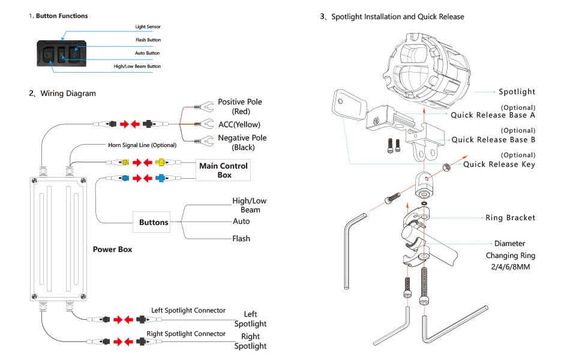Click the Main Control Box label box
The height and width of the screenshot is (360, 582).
(x=223, y=170)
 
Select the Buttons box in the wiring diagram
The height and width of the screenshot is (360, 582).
(x=151, y=223)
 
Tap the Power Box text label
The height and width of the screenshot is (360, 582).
(x=112, y=250)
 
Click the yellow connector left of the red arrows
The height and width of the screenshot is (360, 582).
(x=125, y=162)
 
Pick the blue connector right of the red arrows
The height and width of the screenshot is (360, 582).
(x=160, y=178)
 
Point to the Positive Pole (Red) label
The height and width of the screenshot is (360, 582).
(x=240, y=107)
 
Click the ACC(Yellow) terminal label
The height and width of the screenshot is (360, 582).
(x=239, y=125)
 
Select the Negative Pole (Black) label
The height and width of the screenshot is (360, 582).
(x=242, y=143)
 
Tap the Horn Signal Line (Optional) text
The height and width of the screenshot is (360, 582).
(x=142, y=145)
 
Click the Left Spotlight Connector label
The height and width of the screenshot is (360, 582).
(x=188, y=310)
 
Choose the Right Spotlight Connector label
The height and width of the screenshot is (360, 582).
(x=186, y=334)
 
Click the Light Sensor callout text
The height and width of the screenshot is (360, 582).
(x=148, y=27)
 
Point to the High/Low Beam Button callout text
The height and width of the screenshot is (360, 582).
(x=137, y=67)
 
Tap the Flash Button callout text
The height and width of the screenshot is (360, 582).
(x=148, y=40)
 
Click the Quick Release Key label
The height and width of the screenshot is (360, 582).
(x=499, y=164)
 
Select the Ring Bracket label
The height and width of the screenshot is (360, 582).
(x=511, y=218)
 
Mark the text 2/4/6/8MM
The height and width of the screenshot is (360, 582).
(x=511, y=267)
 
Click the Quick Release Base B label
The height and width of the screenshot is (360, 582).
(x=493, y=140)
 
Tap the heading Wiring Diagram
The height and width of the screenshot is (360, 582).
(x=68, y=94)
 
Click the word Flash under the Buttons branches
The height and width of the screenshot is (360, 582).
(x=241, y=239)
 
